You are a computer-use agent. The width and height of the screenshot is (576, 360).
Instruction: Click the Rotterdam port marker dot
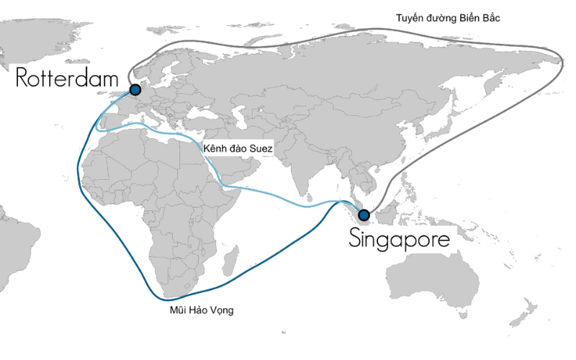coord(135,90)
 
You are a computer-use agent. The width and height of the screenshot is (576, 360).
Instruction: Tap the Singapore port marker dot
coord(364,215)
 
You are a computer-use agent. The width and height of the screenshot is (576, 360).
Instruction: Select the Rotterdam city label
coord(68,78)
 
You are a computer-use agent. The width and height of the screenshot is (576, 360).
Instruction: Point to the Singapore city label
coord(400,239)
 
